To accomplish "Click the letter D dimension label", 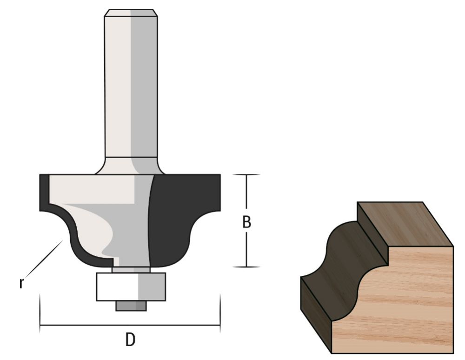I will click(131, 340).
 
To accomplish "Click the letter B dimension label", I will click(246, 222).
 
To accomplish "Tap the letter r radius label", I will click(21, 282).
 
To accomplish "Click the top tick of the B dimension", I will click(246, 175).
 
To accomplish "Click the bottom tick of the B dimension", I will click(246, 267).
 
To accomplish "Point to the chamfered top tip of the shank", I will click(131, 13).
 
